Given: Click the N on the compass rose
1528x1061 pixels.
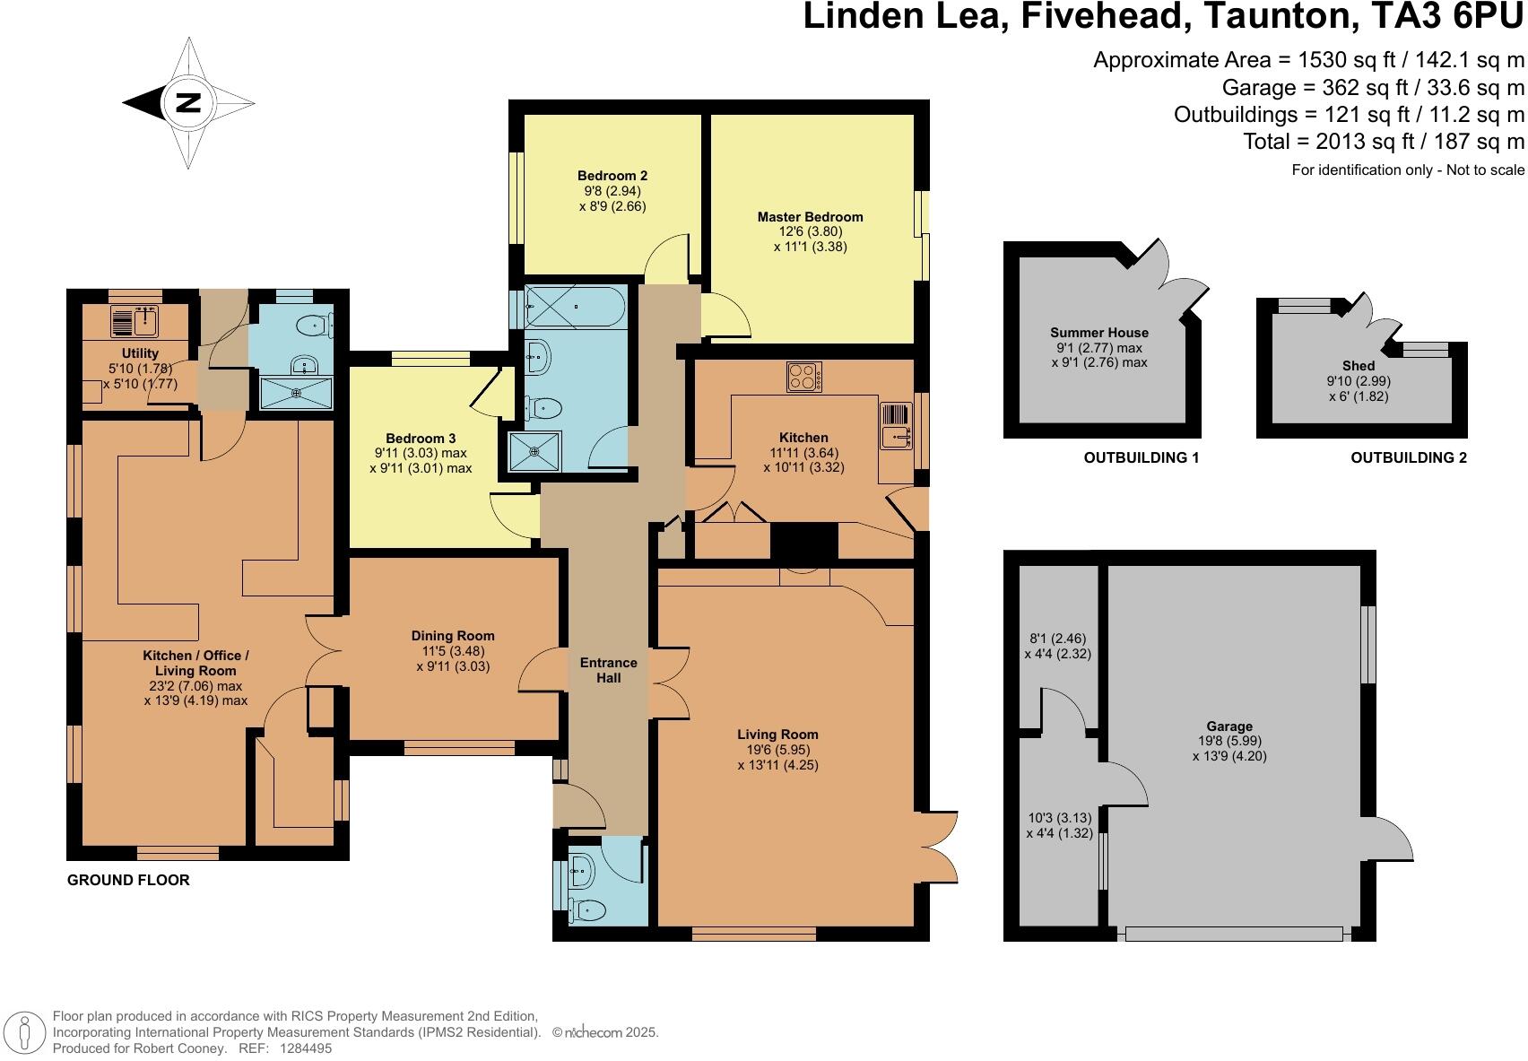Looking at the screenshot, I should coord(188,103).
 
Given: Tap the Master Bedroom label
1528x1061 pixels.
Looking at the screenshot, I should coord(810,217).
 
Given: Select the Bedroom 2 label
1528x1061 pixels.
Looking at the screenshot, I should coord(612,176).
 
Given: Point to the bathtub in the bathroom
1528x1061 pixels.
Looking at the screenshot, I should coord(574,306).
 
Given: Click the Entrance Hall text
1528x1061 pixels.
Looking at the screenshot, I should coord(608,670).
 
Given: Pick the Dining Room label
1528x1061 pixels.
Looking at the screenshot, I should coord(453,636).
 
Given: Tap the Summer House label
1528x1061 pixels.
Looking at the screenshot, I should coord(1098,333).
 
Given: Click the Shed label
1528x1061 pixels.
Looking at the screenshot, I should coord(1359,365).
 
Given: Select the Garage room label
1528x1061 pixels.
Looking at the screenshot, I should coord(1228,726).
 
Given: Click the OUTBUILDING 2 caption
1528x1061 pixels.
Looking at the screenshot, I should coord(1408,457).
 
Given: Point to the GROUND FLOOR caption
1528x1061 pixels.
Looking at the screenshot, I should coord(128,880).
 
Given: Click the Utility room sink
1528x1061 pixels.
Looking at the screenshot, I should coord(134,319).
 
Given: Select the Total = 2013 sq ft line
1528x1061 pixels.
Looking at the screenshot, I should coord(1384,141).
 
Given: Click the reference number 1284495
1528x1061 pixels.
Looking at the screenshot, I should coord(306,1048).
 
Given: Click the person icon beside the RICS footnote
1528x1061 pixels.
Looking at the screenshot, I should coord(27,1033).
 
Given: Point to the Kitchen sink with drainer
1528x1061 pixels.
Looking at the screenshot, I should coord(895,426).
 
